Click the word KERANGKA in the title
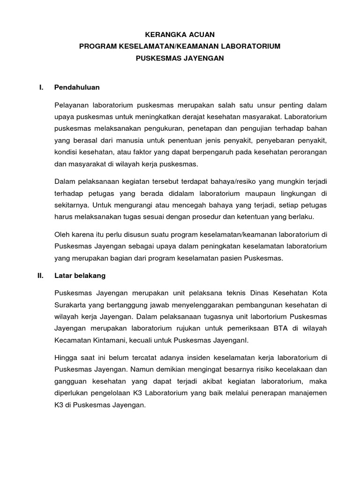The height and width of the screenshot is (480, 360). point(162,34)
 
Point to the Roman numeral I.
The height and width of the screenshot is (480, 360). point(41,87)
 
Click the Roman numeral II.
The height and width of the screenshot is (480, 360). point(40,276)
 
